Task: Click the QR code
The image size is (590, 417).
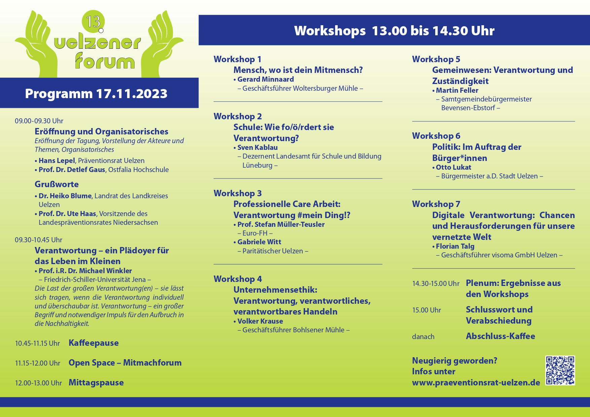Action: [560, 370]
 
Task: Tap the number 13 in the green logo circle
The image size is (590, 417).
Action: [93, 22]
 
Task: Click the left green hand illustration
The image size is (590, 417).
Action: [37, 44]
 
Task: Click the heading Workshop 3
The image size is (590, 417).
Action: [237, 193]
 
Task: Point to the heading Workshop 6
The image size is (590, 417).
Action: [436, 136]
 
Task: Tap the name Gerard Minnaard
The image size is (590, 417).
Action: [265, 79]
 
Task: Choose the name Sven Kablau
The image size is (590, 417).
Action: [257, 148]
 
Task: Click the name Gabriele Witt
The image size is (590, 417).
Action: [259, 242]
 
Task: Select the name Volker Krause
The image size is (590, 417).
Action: [260, 321]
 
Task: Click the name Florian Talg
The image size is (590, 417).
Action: [455, 246]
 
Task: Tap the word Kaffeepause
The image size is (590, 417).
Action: [94, 343]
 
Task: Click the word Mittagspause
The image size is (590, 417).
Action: [96, 383]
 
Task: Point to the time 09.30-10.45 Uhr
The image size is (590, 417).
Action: [38, 240]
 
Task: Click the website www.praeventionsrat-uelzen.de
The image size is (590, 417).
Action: [476, 383]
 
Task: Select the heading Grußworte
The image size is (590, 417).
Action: [57, 184]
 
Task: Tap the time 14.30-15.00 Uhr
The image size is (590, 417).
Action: [436, 284]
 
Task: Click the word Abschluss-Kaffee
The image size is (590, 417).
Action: [500, 336]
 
